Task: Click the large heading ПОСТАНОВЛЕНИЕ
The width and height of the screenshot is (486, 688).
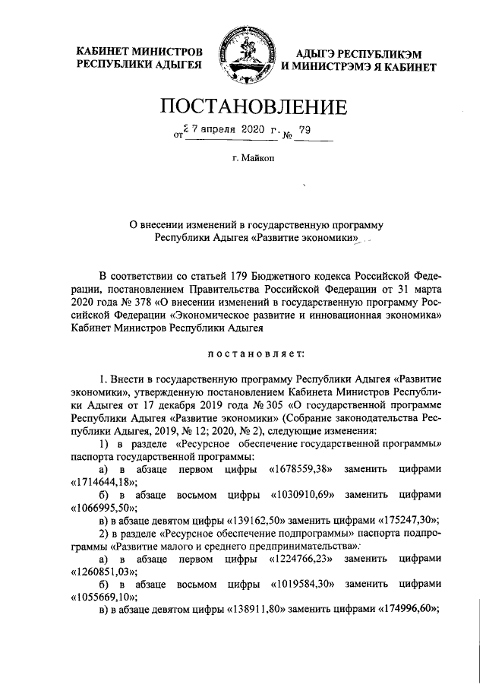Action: [242, 106]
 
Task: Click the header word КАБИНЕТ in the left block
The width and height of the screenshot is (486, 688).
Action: [105, 52]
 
